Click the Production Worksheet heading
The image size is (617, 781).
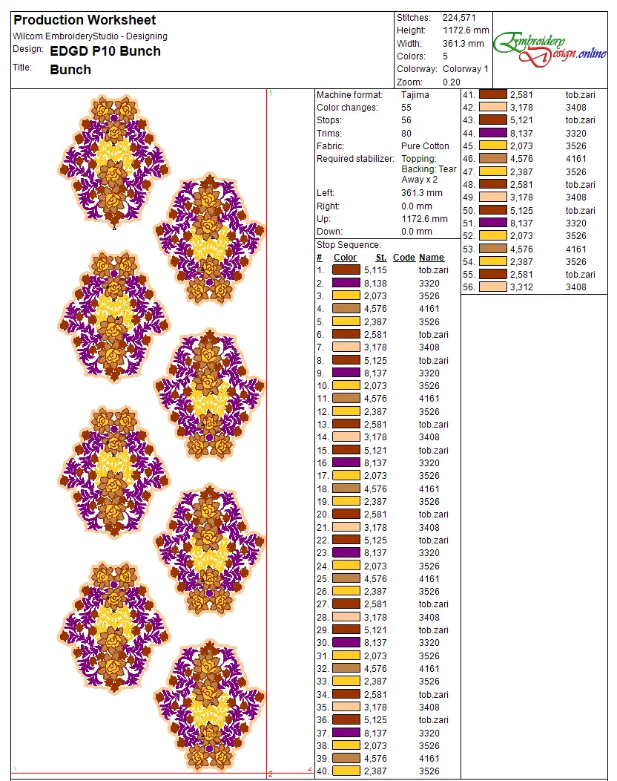click(x=85, y=20)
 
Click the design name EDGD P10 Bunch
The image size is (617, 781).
click(x=105, y=51)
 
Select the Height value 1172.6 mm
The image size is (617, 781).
click(x=466, y=30)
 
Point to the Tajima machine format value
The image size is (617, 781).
click(x=415, y=95)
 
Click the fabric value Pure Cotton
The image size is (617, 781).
click(x=425, y=146)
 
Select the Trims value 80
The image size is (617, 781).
click(x=406, y=134)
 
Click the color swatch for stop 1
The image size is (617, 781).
click(x=346, y=270)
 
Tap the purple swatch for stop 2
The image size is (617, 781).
click(x=346, y=283)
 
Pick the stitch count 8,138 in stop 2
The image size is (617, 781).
click(x=375, y=283)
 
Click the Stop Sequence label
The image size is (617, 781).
click(x=349, y=245)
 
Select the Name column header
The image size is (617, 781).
click(x=432, y=258)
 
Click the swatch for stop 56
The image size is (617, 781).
click(x=493, y=287)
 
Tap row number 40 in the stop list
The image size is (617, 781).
click(x=323, y=771)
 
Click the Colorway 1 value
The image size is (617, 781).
click(x=466, y=69)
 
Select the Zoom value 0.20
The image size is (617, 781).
click(x=452, y=82)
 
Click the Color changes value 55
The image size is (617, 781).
click(x=406, y=108)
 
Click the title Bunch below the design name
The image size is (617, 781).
click(x=70, y=70)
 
